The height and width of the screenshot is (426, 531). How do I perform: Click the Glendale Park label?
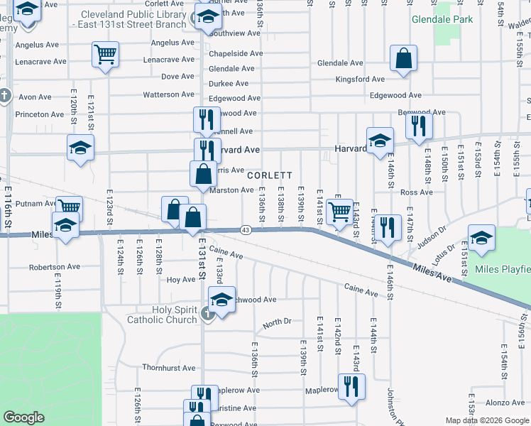(x=442, y=19)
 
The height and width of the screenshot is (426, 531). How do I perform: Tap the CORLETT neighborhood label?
(x=269, y=175)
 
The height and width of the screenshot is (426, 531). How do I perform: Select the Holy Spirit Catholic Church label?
(x=162, y=315)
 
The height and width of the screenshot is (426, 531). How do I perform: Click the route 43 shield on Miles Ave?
(x=245, y=229)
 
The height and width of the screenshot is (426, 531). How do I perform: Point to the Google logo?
(x=24, y=417)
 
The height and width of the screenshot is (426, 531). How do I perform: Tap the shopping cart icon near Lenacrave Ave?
(x=105, y=55)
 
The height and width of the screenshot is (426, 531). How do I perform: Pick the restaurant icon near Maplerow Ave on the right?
(x=351, y=387)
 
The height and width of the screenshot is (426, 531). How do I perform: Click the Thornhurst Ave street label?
(x=168, y=368)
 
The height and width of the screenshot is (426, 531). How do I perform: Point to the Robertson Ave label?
(x=55, y=268)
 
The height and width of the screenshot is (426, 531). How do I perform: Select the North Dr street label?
(x=277, y=322)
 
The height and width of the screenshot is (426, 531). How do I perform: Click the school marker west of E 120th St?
(x=80, y=148)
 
